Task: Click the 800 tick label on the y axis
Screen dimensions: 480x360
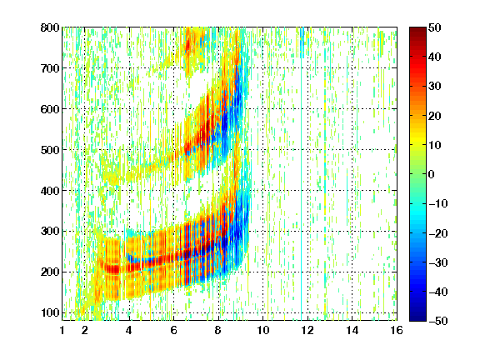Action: pyautogui.click(x=50, y=27)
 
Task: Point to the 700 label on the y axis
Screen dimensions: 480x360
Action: pyautogui.click(x=50, y=68)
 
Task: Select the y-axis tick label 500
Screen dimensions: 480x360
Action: pyautogui.click(x=50, y=150)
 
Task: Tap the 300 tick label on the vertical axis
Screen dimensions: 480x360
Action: pyautogui.click(x=50, y=232)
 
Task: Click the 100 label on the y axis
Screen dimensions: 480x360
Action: pyautogui.click(x=50, y=312)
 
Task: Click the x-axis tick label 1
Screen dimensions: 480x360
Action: pyautogui.click(x=62, y=330)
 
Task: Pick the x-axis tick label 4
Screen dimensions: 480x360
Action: pyautogui.click(x=129, y=330)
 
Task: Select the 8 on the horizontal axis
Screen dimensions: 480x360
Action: pyautogui.click(x=218, y=330)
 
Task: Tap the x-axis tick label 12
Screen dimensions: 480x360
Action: pyautogui.click(x=307, y=330)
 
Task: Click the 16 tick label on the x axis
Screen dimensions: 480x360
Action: pyautogui.click(x=397, y=330)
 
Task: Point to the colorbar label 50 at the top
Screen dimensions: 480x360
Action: pyautogui.click(x=435, y=27)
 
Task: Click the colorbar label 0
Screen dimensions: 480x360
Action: pyautogui.click(x=432, y=174)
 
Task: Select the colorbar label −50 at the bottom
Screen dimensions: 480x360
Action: pyautogui.click(x=438, y=321)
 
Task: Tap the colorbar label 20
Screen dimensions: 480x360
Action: pyautogui.click(x=435, y=116)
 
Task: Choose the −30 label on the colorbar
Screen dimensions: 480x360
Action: pyautogui.click(x=438, y=262)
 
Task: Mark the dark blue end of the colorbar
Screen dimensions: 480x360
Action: pyautogui.click(x=417, y=318)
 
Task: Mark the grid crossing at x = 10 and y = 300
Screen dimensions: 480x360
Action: pyautogui.click(x=263, y=232)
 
